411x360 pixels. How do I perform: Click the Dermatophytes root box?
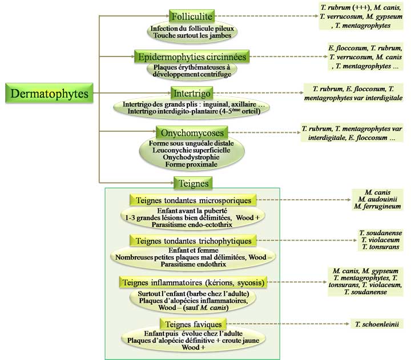coord(50,93)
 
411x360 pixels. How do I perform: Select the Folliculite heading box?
coord(191,17)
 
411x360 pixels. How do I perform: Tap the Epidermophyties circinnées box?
coord(191,57)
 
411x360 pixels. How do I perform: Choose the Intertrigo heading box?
coord(191,92)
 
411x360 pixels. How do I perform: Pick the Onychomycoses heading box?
coord(192,132)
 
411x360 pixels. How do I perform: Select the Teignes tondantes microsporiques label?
coord(194,200)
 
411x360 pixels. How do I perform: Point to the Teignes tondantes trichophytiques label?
coord(194,241)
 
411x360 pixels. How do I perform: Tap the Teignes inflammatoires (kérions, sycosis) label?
coord(194,282)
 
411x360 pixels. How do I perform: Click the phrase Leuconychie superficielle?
coord(192,149)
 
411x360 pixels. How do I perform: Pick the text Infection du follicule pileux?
coord(191,28)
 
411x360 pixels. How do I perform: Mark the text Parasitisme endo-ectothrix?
coord(192,225)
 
